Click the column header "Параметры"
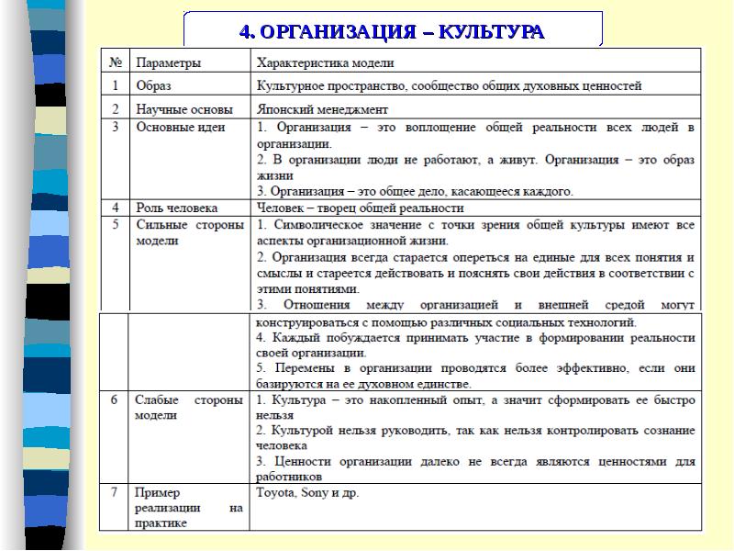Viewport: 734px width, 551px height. [x=169, y=63]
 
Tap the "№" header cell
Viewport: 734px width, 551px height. [x=116, y=63]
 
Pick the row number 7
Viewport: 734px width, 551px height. [x=115, y=492]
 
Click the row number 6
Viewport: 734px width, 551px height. [x=115, y=400]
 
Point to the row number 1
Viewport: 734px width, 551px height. [x=115, y=85]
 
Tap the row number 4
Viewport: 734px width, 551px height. [x=115, y=208]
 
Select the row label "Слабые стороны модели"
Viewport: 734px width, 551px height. [x=188, y=408]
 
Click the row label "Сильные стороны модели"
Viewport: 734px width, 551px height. [x=188, y=232]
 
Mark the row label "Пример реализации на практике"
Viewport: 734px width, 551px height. [x=188, y=508]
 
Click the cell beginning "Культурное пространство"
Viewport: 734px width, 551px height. [x=450, y=85]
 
